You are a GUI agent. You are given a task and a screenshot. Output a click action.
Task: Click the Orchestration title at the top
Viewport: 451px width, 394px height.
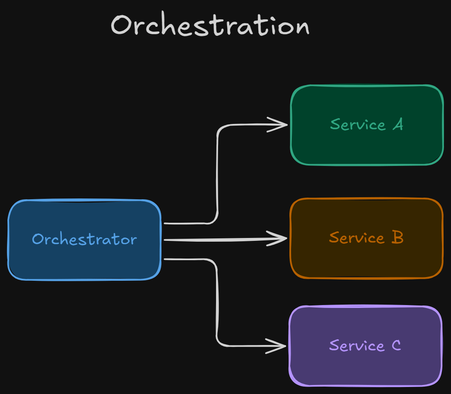(x=210, y=26)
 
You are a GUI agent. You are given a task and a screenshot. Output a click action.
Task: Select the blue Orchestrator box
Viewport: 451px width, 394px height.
(x=85, y=263)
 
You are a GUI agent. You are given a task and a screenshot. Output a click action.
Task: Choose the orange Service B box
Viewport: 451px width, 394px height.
(x=366, y=259)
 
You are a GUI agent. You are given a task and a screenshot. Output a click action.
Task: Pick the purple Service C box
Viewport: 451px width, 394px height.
(x=365, y=366)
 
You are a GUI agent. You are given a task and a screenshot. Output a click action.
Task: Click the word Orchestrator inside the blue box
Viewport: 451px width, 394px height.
(x=85, y=239)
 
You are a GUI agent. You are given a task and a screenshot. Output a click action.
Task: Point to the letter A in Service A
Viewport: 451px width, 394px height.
(x=397, y=124)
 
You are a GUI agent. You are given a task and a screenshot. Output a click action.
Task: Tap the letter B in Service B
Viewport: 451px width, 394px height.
(x=397, y=238)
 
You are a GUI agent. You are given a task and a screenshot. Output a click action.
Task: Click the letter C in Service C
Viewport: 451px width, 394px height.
(x=396, y=345)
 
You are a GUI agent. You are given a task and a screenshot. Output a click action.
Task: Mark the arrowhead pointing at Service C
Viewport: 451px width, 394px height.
(x=279, y=346)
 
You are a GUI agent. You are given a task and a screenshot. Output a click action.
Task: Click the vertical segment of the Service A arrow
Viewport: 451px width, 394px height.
(x=217, y=173)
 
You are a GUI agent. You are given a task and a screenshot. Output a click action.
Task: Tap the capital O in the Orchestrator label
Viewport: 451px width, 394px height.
(x=38, y=239)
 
